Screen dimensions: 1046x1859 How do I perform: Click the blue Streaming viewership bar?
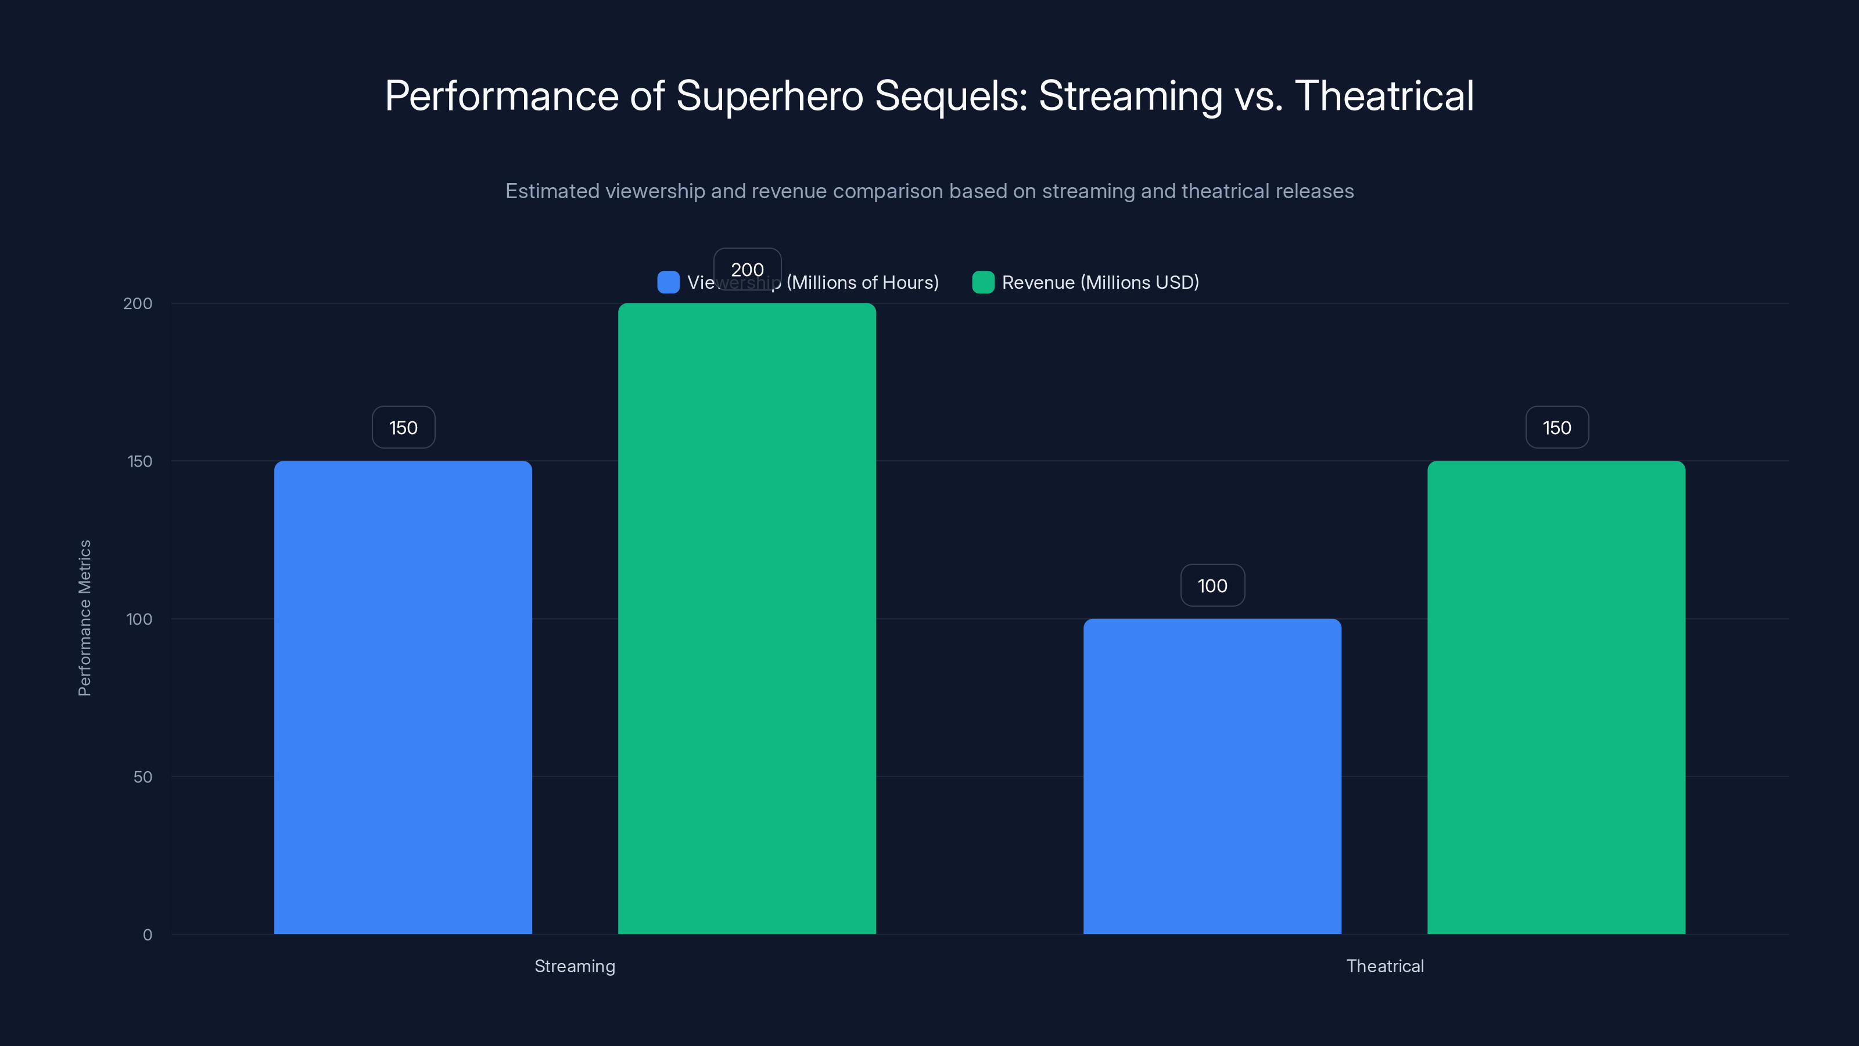click(403, 697)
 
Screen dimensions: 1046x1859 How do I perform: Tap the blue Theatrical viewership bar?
click(1212, 776)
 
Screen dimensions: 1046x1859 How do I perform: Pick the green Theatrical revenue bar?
click(1556, 697)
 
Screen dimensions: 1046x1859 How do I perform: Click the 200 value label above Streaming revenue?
click(747, 269)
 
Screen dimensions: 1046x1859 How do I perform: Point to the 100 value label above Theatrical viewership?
click(1212, 585)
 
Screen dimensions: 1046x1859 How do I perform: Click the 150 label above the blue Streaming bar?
click(403, 427)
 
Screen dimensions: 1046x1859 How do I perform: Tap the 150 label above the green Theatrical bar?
click(1557, 427)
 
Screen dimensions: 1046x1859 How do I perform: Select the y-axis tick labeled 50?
click(143, 777)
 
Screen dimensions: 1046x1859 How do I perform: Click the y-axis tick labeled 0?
click(147, 935)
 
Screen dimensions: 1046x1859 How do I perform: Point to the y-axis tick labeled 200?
click(138, 303)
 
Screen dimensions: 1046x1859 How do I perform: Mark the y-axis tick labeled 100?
click(139, 619)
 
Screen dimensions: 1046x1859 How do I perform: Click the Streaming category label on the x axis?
click(575, 966)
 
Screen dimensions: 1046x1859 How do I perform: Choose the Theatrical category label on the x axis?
click(1384, 966)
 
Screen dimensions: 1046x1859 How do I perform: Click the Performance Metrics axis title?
click(84, 618)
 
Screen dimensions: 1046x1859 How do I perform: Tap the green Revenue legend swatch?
click(983, 282)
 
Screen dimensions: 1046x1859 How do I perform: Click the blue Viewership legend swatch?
click(668, 282)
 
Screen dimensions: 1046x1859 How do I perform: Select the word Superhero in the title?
click(769, 96)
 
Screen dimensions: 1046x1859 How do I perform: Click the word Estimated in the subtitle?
click(552, 191)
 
